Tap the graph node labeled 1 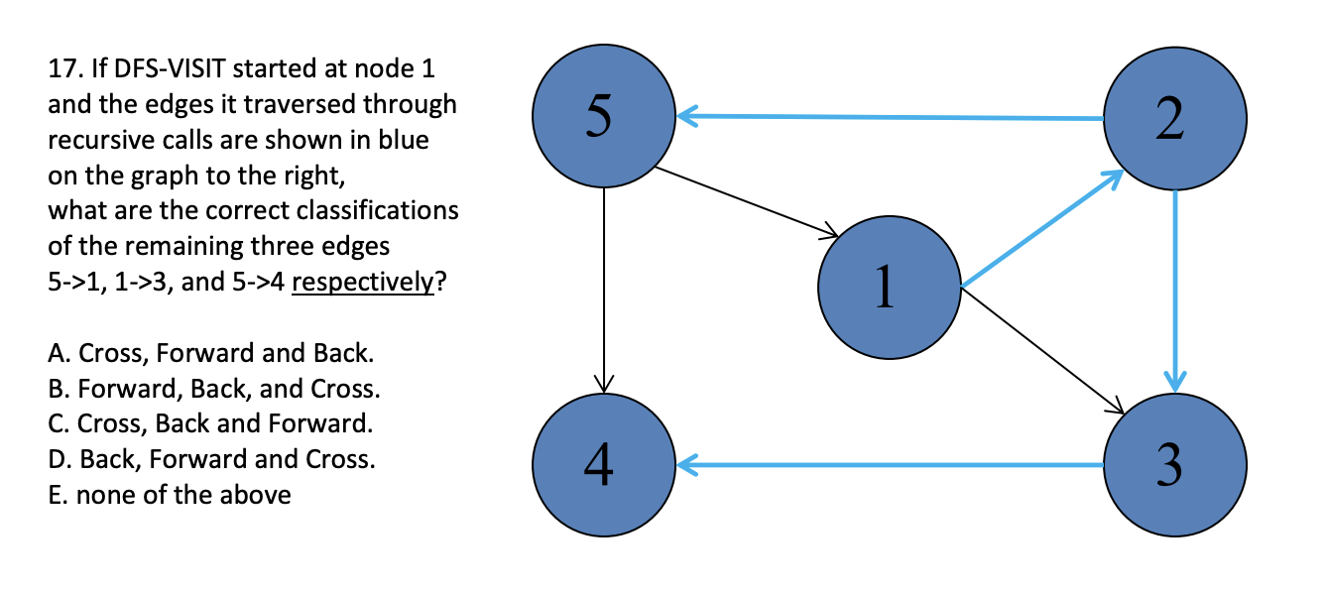click(x=890, y=286)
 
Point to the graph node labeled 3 click(x=1175, y=464)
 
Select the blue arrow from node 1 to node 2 click(x=1041, y=230)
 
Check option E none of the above click(x=169, y=495)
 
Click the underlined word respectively click(x=363, y=282)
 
